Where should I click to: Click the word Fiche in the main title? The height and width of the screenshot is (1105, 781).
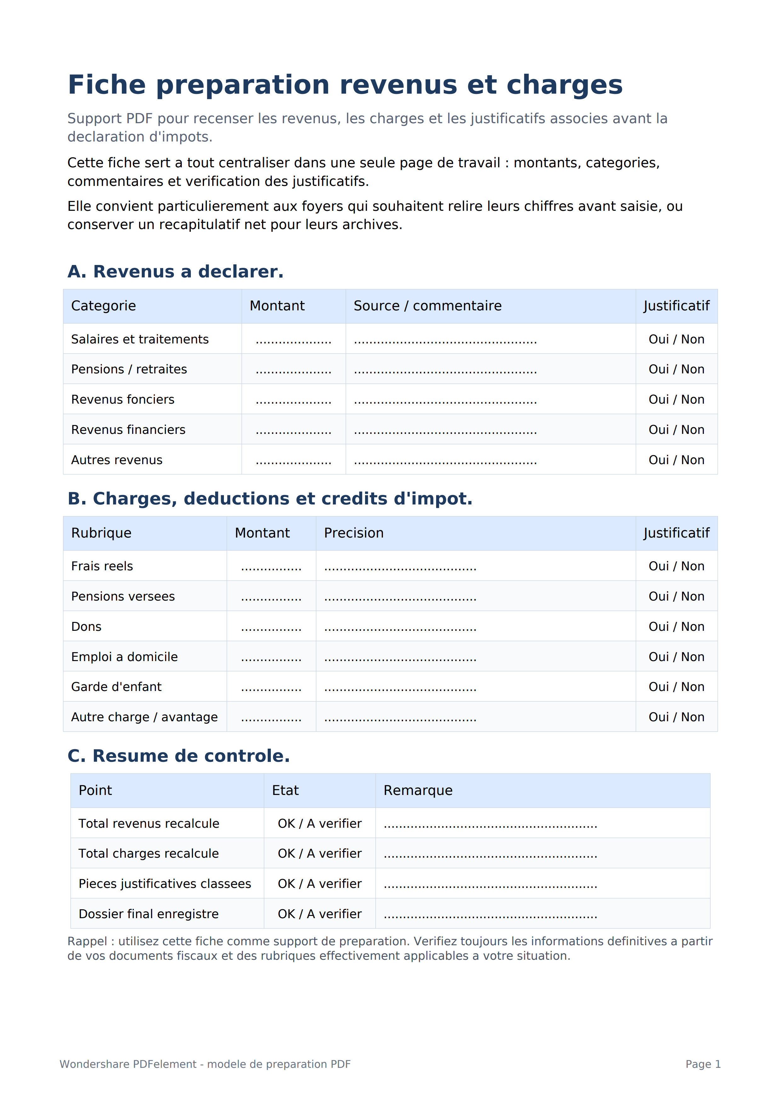coord(107,85)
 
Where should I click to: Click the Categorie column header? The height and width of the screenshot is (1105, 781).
coord(103,306)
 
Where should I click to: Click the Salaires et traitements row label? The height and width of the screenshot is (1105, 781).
coord(140,339)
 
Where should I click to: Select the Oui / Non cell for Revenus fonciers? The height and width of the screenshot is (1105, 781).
coord(676,400)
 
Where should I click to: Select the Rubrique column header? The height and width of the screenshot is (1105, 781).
coord(101,533)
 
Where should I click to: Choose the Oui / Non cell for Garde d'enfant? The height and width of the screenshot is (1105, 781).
coord(676,687)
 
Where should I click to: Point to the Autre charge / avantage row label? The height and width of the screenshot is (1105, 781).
coord(144,717)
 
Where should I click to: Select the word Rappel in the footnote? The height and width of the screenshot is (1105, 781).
coord(87,941)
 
